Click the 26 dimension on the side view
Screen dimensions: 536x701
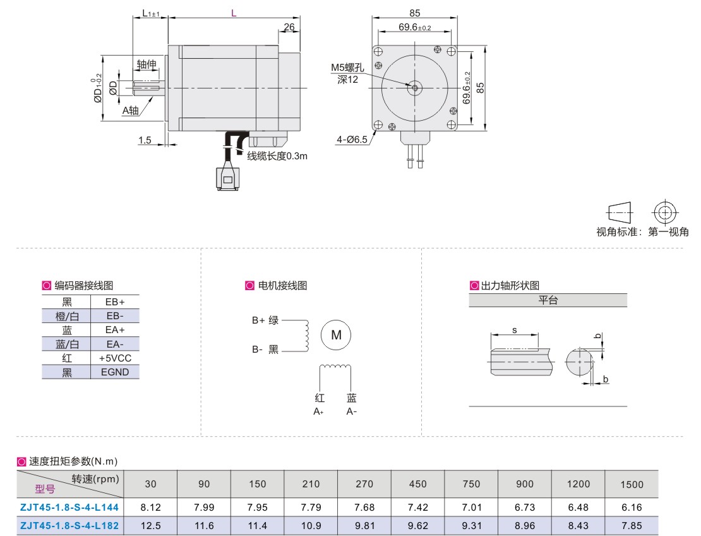pos(289,27)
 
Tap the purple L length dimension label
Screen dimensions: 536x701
pos(234,13)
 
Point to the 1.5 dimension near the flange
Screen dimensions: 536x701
pos(145,140)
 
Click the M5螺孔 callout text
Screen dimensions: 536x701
pos(347,68)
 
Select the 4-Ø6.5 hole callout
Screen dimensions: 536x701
pos(352,140)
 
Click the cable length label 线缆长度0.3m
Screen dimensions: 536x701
pos(277,156)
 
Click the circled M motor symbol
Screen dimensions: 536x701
pos(336,335)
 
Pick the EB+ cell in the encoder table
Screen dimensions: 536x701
pos(114,301)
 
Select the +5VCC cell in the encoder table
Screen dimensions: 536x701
pos(114,358)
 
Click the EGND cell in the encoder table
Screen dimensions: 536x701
pos(114,372)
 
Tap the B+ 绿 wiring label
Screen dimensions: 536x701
pos(265,320)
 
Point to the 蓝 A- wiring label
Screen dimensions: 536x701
pos(351,405)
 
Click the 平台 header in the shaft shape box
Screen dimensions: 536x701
pos(548,301)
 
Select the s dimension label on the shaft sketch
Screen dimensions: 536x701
pos(515,330)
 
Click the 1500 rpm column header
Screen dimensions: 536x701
pos(632,485)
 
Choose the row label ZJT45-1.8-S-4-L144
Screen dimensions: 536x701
pos(69,507)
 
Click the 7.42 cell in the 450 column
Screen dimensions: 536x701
pos(418,507)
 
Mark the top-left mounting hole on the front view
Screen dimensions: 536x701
pos(378,51)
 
